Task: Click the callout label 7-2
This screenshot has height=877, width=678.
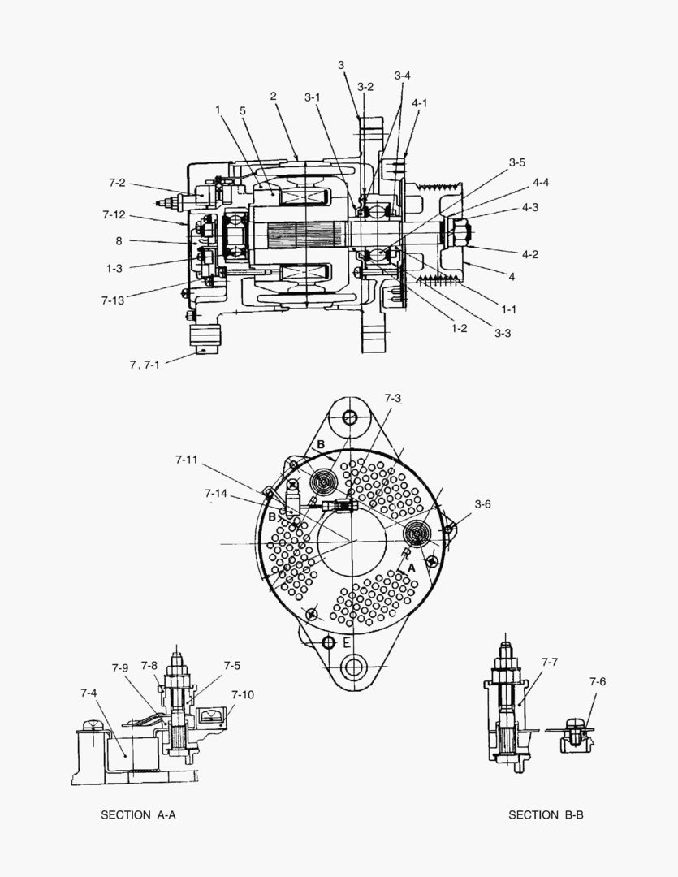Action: pos(117,184)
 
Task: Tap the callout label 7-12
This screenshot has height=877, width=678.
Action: pos(114,214)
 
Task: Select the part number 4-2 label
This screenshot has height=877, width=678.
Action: pos(530,253)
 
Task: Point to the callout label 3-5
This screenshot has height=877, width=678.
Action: pos(516,162)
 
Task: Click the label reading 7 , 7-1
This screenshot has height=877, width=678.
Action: pos(145,365)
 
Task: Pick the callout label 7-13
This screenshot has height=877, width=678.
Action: pos(114,300)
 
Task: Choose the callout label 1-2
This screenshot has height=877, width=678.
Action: pos(459,328)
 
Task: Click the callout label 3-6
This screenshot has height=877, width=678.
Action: pos(482,504)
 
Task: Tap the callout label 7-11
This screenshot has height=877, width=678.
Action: pos(186,460)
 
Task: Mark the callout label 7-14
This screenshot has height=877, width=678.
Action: pos(216,493)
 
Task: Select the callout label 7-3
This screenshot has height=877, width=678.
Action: pos(392,398)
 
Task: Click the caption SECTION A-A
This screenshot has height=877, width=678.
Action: pos(138,814)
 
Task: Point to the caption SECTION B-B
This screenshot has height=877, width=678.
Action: pos(546,814)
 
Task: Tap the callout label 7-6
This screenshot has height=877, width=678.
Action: pos(597,681)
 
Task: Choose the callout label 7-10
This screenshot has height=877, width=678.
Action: pos(242,694)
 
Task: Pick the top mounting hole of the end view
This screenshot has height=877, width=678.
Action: pos(350,417)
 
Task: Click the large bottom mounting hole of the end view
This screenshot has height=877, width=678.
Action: pos(353,670)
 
